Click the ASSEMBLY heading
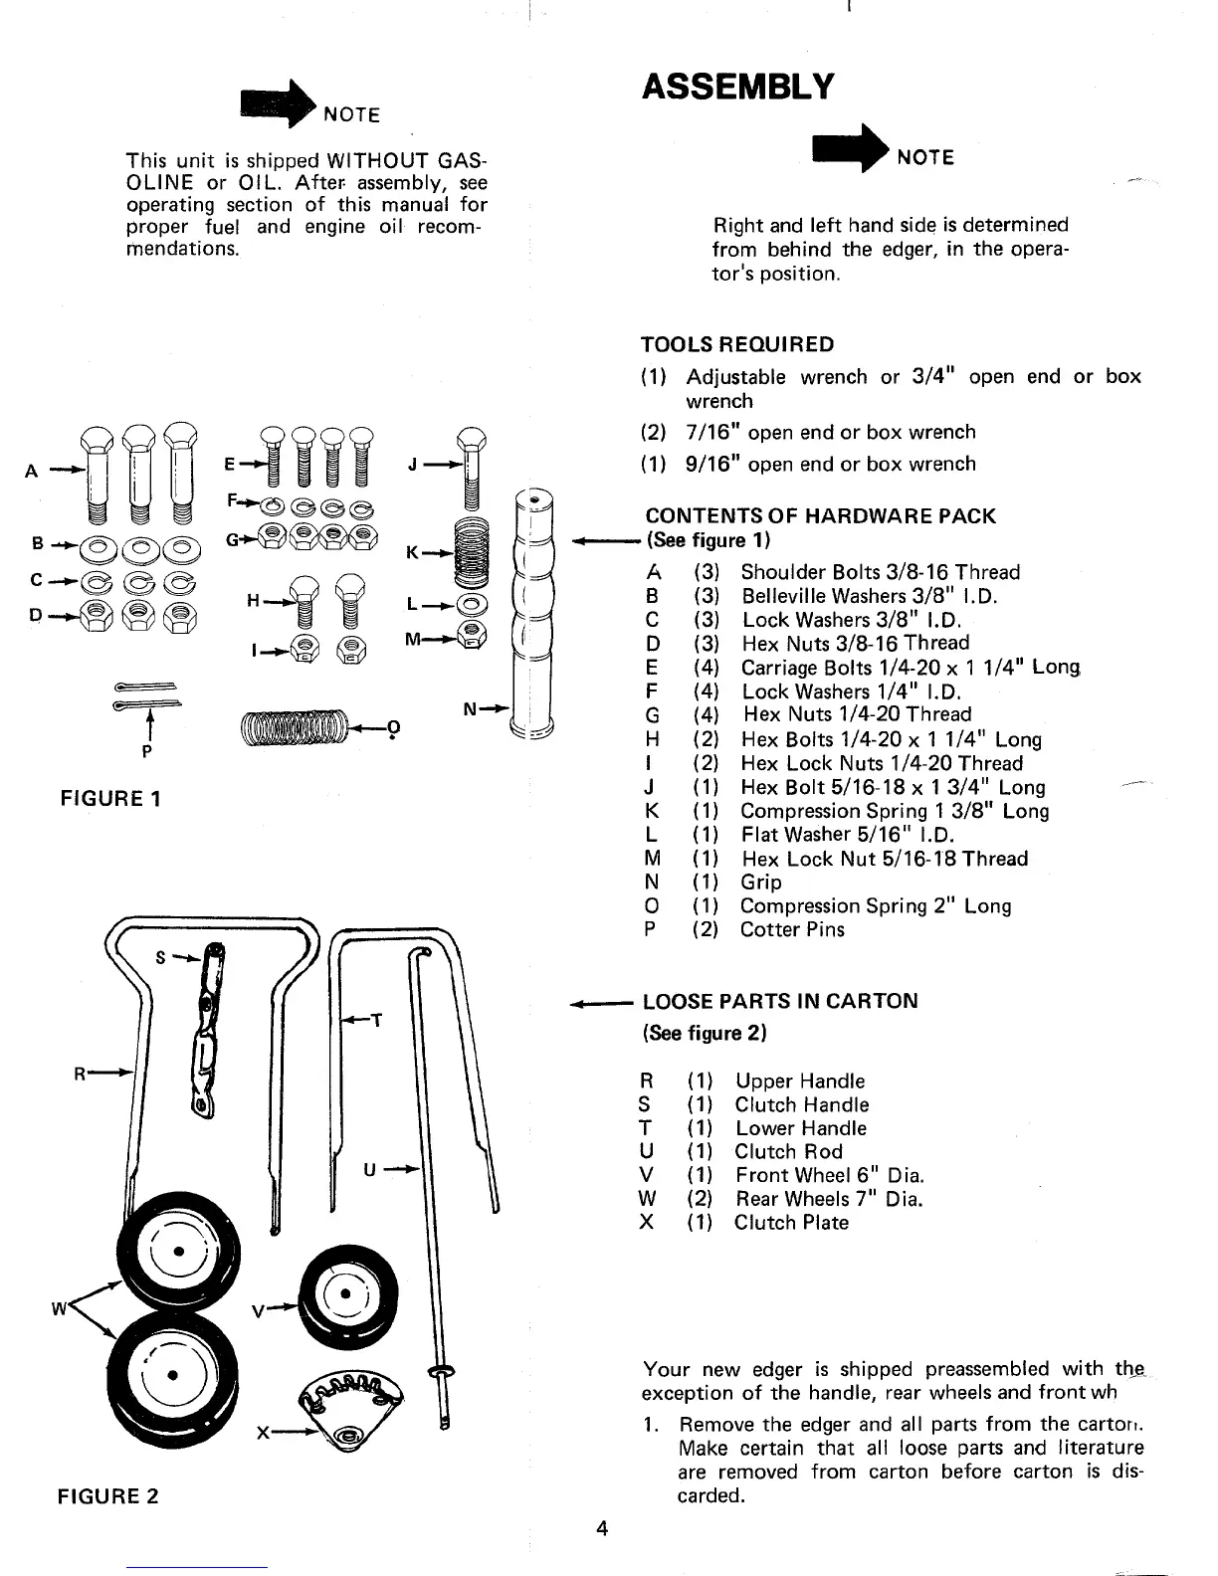tap(737, 88)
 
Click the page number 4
tap(601, 1529)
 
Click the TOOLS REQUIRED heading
tap(738, 345)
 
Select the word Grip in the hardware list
tap(761, 883)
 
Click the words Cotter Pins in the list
tap(792, 930)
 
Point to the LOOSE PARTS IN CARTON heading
tap(780, 1002)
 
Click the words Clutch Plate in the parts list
tap(791, 1223)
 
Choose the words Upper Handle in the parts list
tap(800, 1082)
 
